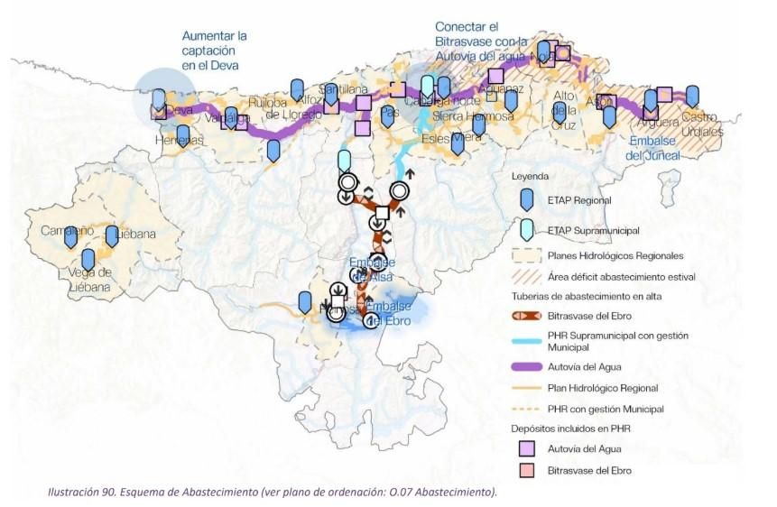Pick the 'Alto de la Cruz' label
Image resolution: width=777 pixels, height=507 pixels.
(564, 110)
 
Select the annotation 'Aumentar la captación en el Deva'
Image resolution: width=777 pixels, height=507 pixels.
(214, 51)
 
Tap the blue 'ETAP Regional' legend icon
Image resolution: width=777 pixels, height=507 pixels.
(526, 200)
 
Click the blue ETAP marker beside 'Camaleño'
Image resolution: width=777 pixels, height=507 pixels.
(70, 237)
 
